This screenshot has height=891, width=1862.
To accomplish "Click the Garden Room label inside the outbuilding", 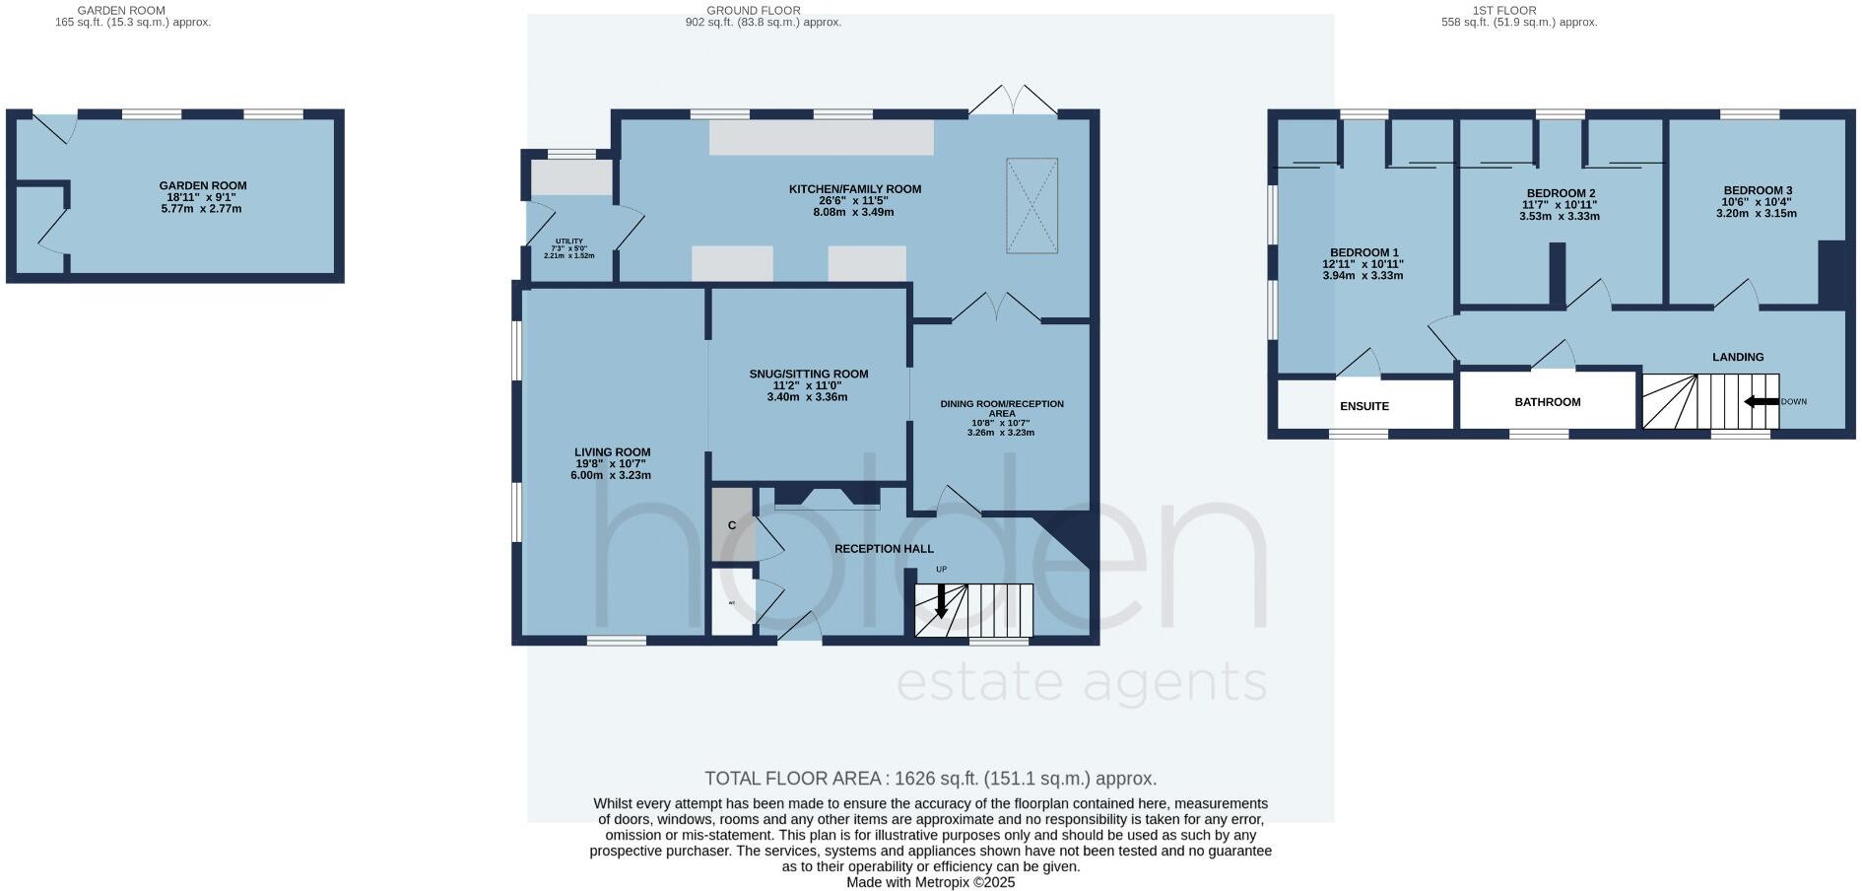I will coord(203,185).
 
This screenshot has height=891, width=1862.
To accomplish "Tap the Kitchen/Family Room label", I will coord(854,189).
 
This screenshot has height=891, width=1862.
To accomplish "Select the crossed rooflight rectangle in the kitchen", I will coord(1031,205).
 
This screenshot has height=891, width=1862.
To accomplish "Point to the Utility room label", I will coord(570,241).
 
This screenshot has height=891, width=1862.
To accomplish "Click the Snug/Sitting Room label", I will coord(808,375).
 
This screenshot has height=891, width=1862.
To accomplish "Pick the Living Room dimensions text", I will coord(611,470).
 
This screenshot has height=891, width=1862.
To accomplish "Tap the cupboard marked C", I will coord(732,525).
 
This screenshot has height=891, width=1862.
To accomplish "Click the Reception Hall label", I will coord(884,549).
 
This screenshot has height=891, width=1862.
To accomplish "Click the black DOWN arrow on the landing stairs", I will coord(1761,401).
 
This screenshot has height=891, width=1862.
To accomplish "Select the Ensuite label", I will coord(1364,406).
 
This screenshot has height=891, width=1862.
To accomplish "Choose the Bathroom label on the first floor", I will coord(1547,402).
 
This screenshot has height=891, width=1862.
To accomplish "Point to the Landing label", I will coord(1738,357).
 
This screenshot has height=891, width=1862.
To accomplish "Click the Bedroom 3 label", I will coord(1758,190).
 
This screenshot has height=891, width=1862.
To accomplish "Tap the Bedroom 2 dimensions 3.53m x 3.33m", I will coord(1560,217).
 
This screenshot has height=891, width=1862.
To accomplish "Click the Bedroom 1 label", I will coord(1363,252).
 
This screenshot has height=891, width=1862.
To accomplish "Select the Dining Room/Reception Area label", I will coord(1001,408).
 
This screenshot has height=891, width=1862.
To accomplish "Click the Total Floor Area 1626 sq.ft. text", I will coord(930,779).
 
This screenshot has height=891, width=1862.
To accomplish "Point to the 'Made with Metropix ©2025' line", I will coord(930,883).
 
